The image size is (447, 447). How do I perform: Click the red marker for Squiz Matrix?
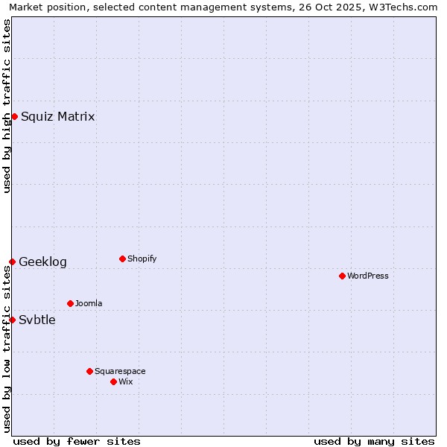pyautogui.click(x=14, y=116)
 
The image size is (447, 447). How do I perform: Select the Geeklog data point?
pyautogui.click(x=12, y=261)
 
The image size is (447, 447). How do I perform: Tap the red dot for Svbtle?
pyautogui.click(x=12, y=320)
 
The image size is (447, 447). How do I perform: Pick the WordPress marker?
pyautogui.click(x=342, y=276)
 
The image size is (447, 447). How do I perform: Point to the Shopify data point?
pyautogui.click(x=122, y=259)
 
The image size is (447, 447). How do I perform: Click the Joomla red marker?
pyautogui.click(x=70, y=303)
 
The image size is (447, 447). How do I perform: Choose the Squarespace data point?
pyautogui.click(x=89, y=371)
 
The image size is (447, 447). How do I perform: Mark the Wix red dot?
pyautogui.click(x=113, y=381)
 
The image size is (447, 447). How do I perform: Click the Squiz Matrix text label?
pyautogui.click(x=57, y=116)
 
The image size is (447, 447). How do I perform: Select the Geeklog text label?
pyautogui.click(x=42, y=261)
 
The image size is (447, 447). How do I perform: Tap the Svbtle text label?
pyautogui.click(x=37, y=320)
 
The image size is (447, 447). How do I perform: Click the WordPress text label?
pyautogui.click(x=368, y=276)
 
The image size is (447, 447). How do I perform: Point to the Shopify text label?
pyautogui.click(x=142, y=259)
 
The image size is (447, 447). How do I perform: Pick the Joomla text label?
pyautogui.click(x=89, y=303)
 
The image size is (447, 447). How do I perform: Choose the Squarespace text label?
pyautogui.click(x=120, y=371)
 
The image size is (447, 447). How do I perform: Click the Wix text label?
pyautogui.click(x=126, y=381)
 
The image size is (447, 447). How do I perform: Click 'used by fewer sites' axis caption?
pyautogui.click(x=77, y=441)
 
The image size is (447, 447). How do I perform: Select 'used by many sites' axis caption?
pyautogui.click(x=374, y=441)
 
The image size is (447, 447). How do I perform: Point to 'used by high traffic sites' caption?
pyautogui.click(x=7, y=106)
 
